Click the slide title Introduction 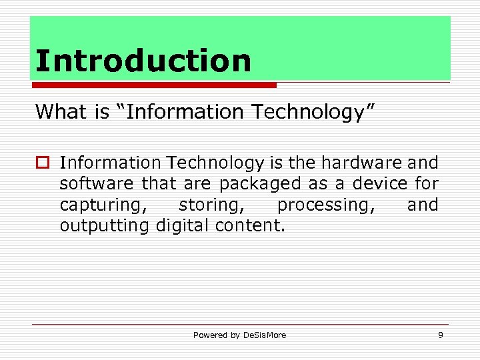pos(143,61)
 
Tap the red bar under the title pos(153,85)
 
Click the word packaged pos(261,183)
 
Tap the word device pos(371,183)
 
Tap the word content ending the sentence pos(249,226)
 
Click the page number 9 pos(440,335)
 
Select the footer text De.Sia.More pos(265,335)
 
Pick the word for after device pos(425,183)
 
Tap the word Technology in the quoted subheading pos(314,111)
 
